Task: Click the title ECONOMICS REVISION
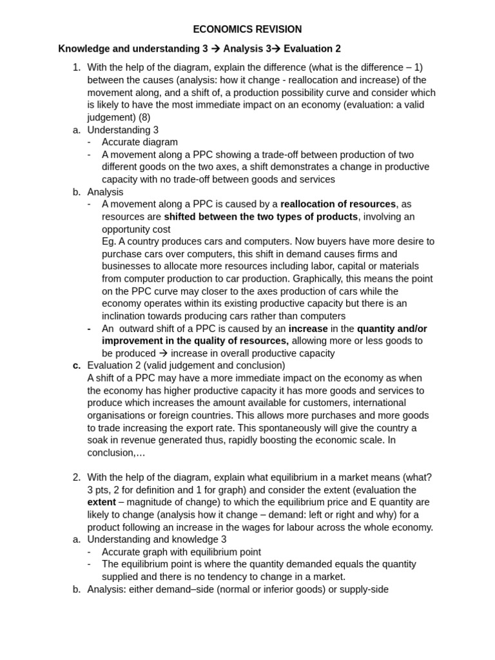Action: click(x=247, y=30)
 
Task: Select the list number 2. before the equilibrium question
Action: click(x=77, y=477)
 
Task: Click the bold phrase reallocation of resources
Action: click(x=338, y=204)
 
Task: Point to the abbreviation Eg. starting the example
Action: click(x=110, y=242)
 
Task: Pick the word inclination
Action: click(x=127, y=316)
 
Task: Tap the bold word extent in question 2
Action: click(x=102, y=502)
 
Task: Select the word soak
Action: click(x=99, y=440)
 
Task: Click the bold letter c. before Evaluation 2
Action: click(x=77, y=365)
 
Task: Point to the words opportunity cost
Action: click(x=136, y=229)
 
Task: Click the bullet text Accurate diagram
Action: click(x=140, y=142)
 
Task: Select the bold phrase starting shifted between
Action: click(x=260, y=217)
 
